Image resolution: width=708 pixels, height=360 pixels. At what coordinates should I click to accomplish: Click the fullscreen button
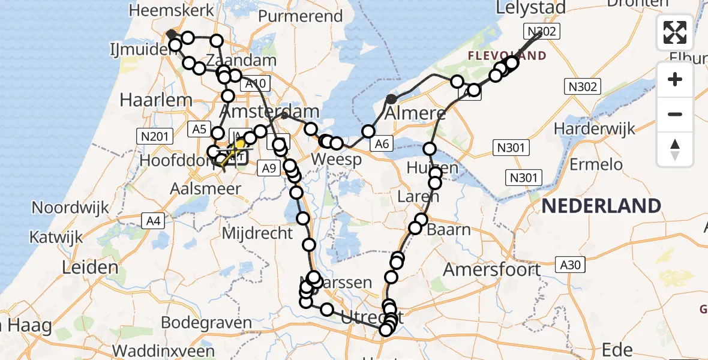click(x=675, y=32)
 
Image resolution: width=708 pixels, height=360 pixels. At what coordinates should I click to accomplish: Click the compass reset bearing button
click(x=675, y=149)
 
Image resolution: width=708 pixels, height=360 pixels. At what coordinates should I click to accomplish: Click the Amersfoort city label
click(x=491, y=269)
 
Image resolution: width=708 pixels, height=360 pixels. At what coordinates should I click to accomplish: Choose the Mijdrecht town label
click(x=257, y=233)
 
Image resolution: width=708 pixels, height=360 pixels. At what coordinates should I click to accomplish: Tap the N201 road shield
click(x=154, y=137)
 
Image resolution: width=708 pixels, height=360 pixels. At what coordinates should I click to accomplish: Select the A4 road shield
click(x=154, y=221)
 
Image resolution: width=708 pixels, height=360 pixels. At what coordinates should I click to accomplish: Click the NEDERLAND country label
click(x=601, y=206)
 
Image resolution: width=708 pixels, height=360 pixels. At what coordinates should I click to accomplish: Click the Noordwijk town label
click(x=70, y=208)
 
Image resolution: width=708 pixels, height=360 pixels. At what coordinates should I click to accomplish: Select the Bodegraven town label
click(x=206, y=323)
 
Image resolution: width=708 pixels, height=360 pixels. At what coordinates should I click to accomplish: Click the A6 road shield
click(x=382, y=143)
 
